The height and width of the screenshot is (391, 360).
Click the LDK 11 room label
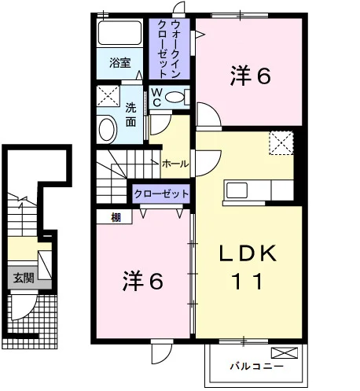click(x=248, y=267)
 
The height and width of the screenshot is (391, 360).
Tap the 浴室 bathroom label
click(x=119, y=63)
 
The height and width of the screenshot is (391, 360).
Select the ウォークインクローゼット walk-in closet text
click(x=169, y=49)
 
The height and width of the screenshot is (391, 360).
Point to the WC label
click(x=156, y=97)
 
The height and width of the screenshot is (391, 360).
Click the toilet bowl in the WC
click(x=174, y=97)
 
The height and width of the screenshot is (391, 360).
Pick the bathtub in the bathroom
click(x=119, y=33)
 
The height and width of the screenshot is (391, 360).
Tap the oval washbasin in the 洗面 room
click(x=108, y=130)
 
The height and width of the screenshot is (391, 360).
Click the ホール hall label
click(x=175, y=164)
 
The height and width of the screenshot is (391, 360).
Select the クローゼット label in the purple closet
click(x=161, y=194)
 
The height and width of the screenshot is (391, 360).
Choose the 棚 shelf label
click(x=116, y=217)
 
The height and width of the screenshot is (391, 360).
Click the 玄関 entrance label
click(x=24, y=278)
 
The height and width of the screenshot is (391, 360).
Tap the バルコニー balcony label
click(x=257, y=366)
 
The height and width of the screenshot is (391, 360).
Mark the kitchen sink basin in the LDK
click(x=237, y=190)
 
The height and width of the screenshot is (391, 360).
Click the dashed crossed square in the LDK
click(x=281, y=143)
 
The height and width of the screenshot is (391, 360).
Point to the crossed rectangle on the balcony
click(x=285, y=352)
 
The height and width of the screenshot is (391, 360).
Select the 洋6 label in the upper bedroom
click(x=250, y=76)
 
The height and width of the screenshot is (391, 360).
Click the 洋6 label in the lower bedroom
click(x=143, y=281)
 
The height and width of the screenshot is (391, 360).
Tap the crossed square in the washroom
click(x=108, y=96)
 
